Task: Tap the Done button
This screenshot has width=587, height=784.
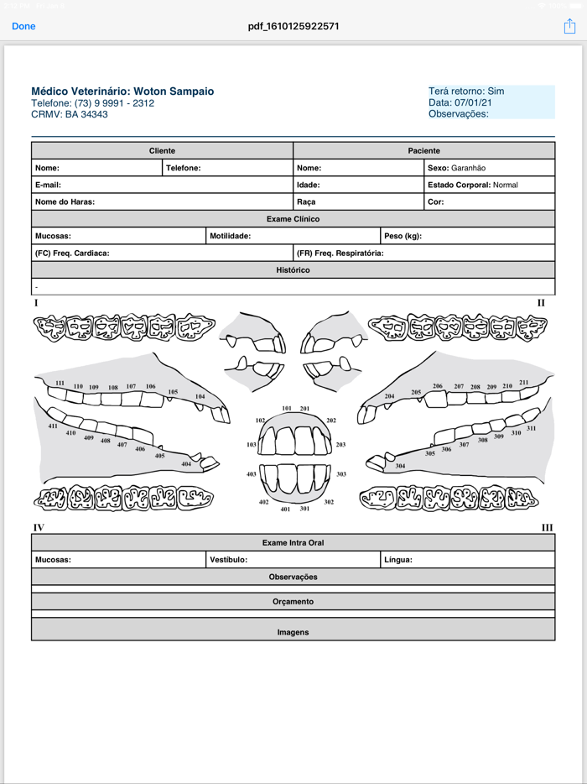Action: tap(23, 26)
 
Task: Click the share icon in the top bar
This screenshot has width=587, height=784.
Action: tap(569, 26)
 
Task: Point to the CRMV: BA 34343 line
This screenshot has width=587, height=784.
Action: tap(70, 114)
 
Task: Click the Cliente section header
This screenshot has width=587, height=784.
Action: tap(162, 151)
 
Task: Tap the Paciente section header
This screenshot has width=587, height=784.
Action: tap(423, 151)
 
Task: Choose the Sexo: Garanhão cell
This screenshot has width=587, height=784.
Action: tap(489, 168)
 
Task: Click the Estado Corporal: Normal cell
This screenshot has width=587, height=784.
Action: tap(489, 185)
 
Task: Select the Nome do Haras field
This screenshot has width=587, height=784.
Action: tap(161, 202)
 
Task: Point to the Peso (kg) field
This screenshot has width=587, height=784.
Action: tap(467, 236)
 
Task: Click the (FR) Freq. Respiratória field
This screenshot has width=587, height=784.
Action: tap(423, 253)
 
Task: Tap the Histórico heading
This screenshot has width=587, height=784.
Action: tap(293, 270)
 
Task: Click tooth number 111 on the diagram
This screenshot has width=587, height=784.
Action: tap(60, 384)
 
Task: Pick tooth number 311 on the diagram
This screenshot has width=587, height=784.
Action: tap(532, 428)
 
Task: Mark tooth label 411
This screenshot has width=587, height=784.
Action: tap(53, 426)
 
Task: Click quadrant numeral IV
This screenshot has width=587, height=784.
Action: tap(39, 528)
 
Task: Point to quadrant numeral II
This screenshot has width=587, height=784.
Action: tap(541, 303)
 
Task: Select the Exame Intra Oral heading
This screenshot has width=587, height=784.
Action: tap(293, 543)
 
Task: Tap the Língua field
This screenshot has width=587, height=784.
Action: tap(467, 560)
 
